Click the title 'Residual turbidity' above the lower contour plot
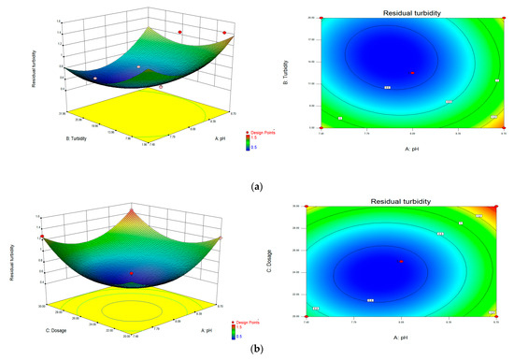pos(410,198)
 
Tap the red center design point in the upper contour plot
pos(412,73)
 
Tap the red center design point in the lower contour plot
pos(401,262)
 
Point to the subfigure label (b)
pos(257,352)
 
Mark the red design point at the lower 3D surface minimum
pos(130,274)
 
